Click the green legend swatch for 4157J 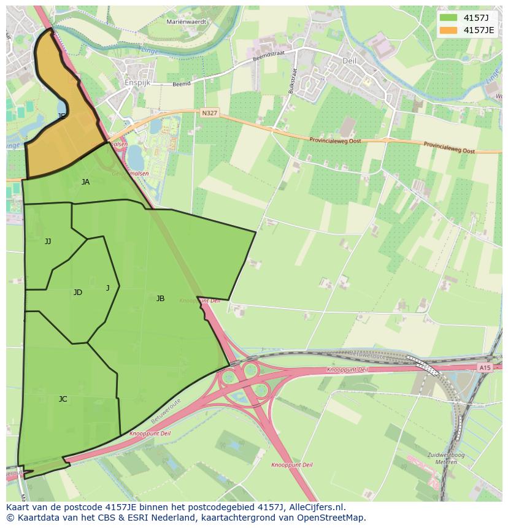[x=449, y=17]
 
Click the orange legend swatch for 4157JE [x=449, y=30]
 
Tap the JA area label [x=85, y=182]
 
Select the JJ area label [x=48, y=242]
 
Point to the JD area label [x=77, y=293]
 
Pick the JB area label [x=160, y=299]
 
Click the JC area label [x=63, y=399]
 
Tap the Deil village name [x=349, y=61]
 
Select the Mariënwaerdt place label [x=187, y=21]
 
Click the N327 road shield [x=209, y=113]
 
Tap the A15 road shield [x=485, y=367]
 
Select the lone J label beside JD [x=107, y=288]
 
